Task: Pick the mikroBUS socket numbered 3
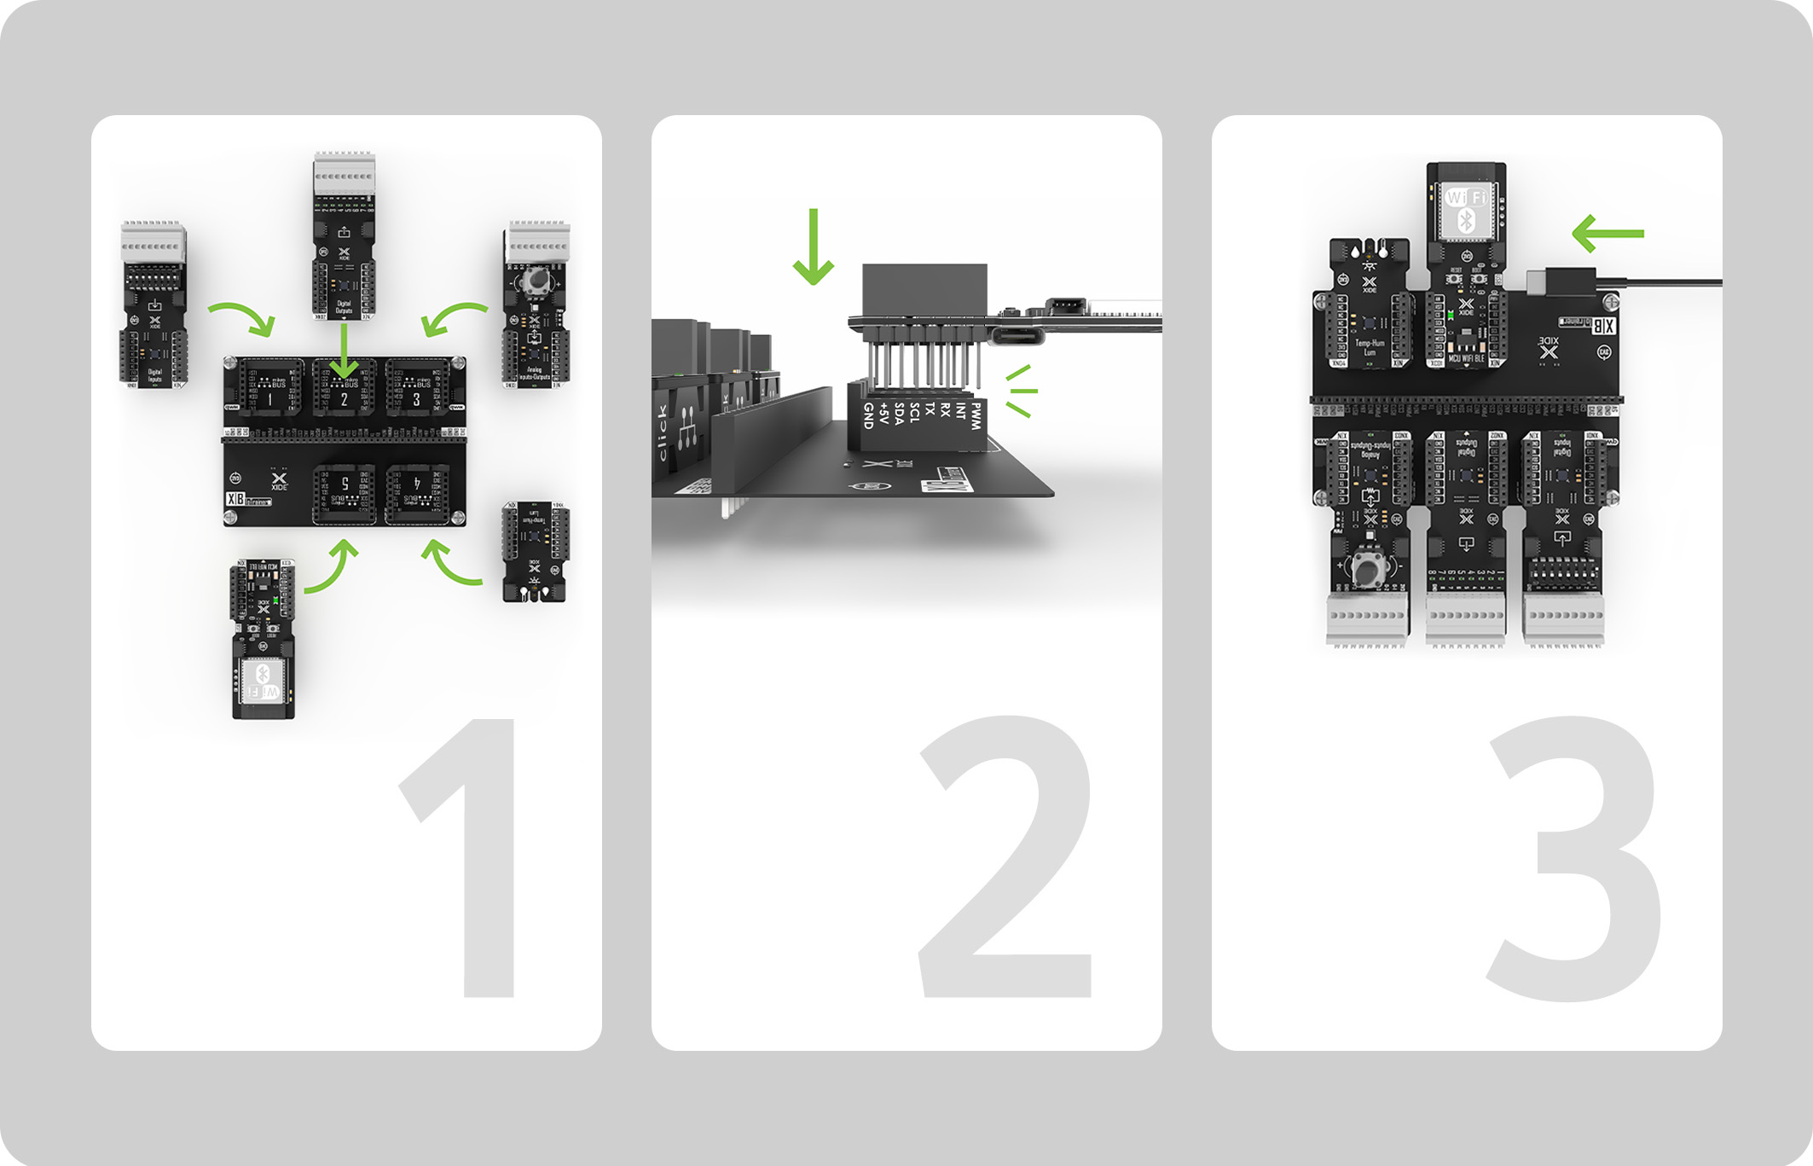pyautogui.click(x=417, y=388)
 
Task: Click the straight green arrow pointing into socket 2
pyautogui.click(x=344, y=350)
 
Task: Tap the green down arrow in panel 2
pyautogui.click(x=814, y=247)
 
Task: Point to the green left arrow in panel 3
pyautogui.click(x=1607, y=234)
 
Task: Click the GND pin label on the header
pyautogui.click(x=868, y=415)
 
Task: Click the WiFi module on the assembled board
pyautogui.click(x=1466, y=209)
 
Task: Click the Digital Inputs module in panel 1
pyautogui.click(x=153, y=307)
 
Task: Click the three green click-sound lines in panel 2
pyautogui.click(x=1021, y=392)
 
